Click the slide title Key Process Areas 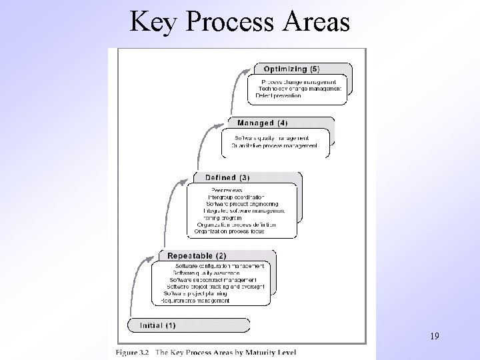(239, 22)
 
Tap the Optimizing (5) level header (291, 69)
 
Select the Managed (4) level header (263, 123)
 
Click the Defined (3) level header (227, 177)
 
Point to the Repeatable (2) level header (197, 255)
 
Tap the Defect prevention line (279, 95)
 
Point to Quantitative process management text (274, 145)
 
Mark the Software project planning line (195, 293)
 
